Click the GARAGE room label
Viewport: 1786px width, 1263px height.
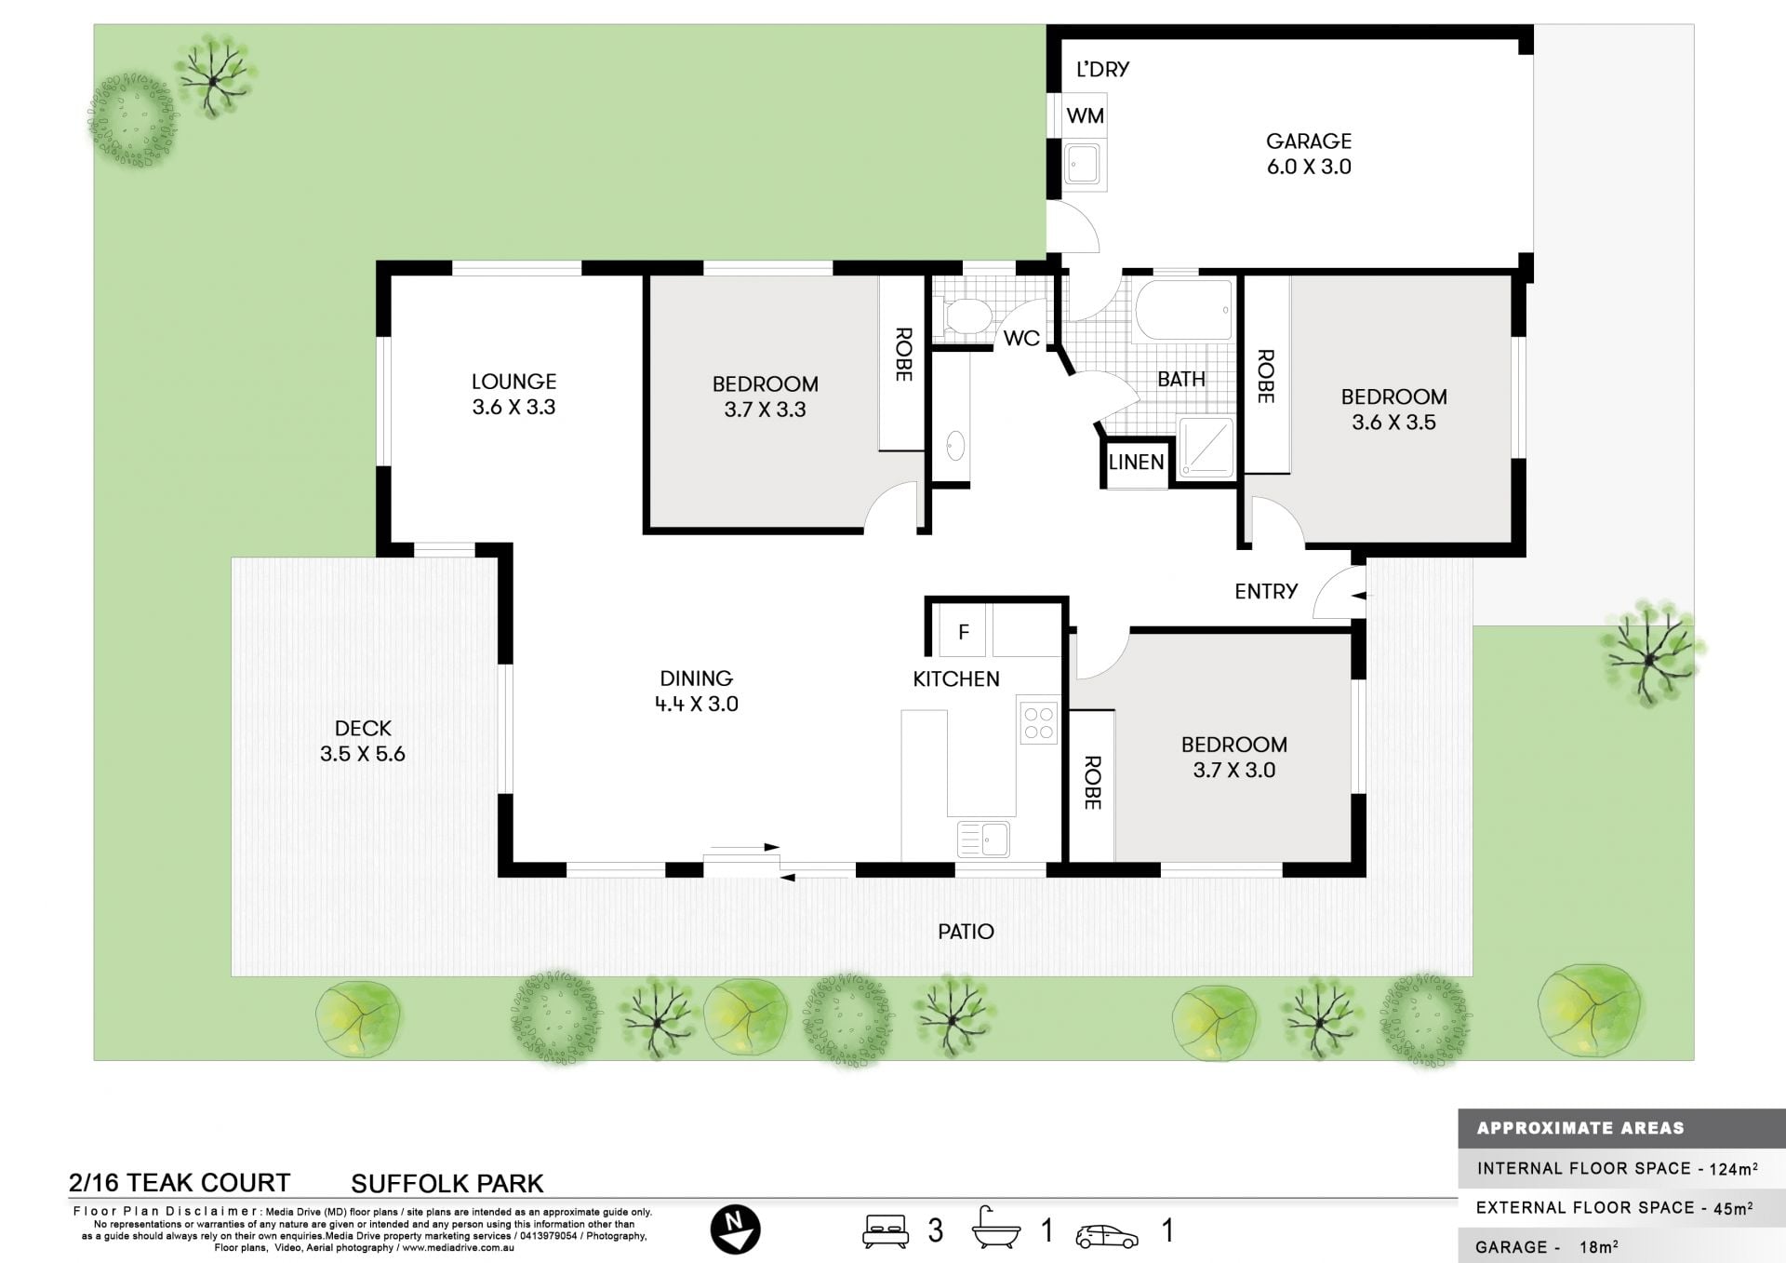click(x=1309, y=141)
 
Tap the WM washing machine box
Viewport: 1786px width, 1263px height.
click(x=1085, y=115)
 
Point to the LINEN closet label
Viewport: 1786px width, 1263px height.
click(x=1136, y=462)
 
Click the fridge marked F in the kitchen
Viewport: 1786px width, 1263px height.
click(x=964, y=632)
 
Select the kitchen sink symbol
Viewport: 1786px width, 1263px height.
click(x=984, y=839)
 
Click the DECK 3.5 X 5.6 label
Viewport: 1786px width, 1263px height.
click(x=363, y=741)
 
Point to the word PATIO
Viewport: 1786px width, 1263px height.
click(x=966, y=932)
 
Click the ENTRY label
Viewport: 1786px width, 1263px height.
click(x=1266, y=591)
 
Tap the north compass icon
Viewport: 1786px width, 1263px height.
click(x=735, y=1229)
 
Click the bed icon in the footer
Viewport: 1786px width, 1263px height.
click(x=886, y=1230)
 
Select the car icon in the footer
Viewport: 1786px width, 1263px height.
click(x=1107, y=1236)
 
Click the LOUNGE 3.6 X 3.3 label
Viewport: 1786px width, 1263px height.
click(x=513, y=394)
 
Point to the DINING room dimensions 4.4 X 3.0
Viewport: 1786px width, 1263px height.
click(x=697, y=705)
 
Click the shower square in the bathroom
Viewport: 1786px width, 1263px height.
click(x=1206, y=449)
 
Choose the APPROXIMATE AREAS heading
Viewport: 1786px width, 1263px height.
click(x=1580, y=1128)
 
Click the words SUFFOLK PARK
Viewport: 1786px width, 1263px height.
click(x=447, y=1184)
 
